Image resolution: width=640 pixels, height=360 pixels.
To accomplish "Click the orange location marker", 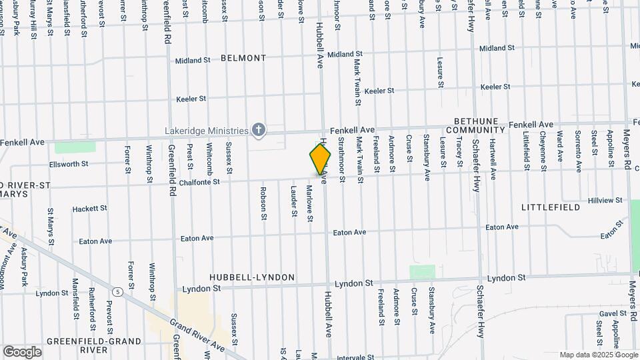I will tap(320, 159).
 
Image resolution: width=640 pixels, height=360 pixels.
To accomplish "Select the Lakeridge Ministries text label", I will tap(207, 130).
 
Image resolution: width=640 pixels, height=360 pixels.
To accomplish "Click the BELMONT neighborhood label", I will tap(243, 58).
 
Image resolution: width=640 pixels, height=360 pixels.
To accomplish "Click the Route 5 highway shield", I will tap(118, 291).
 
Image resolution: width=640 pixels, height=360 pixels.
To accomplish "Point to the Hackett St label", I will tap(89, 209).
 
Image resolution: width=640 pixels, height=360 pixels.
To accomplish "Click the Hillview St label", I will tap(605, 201).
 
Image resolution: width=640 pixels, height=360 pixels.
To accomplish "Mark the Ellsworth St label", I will tap(69, 164).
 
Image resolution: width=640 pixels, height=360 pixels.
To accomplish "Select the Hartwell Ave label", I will tap(493, 160).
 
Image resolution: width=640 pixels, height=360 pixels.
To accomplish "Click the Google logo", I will tap(22, 351).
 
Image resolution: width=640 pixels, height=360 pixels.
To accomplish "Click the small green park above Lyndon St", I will tap(422, 272).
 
